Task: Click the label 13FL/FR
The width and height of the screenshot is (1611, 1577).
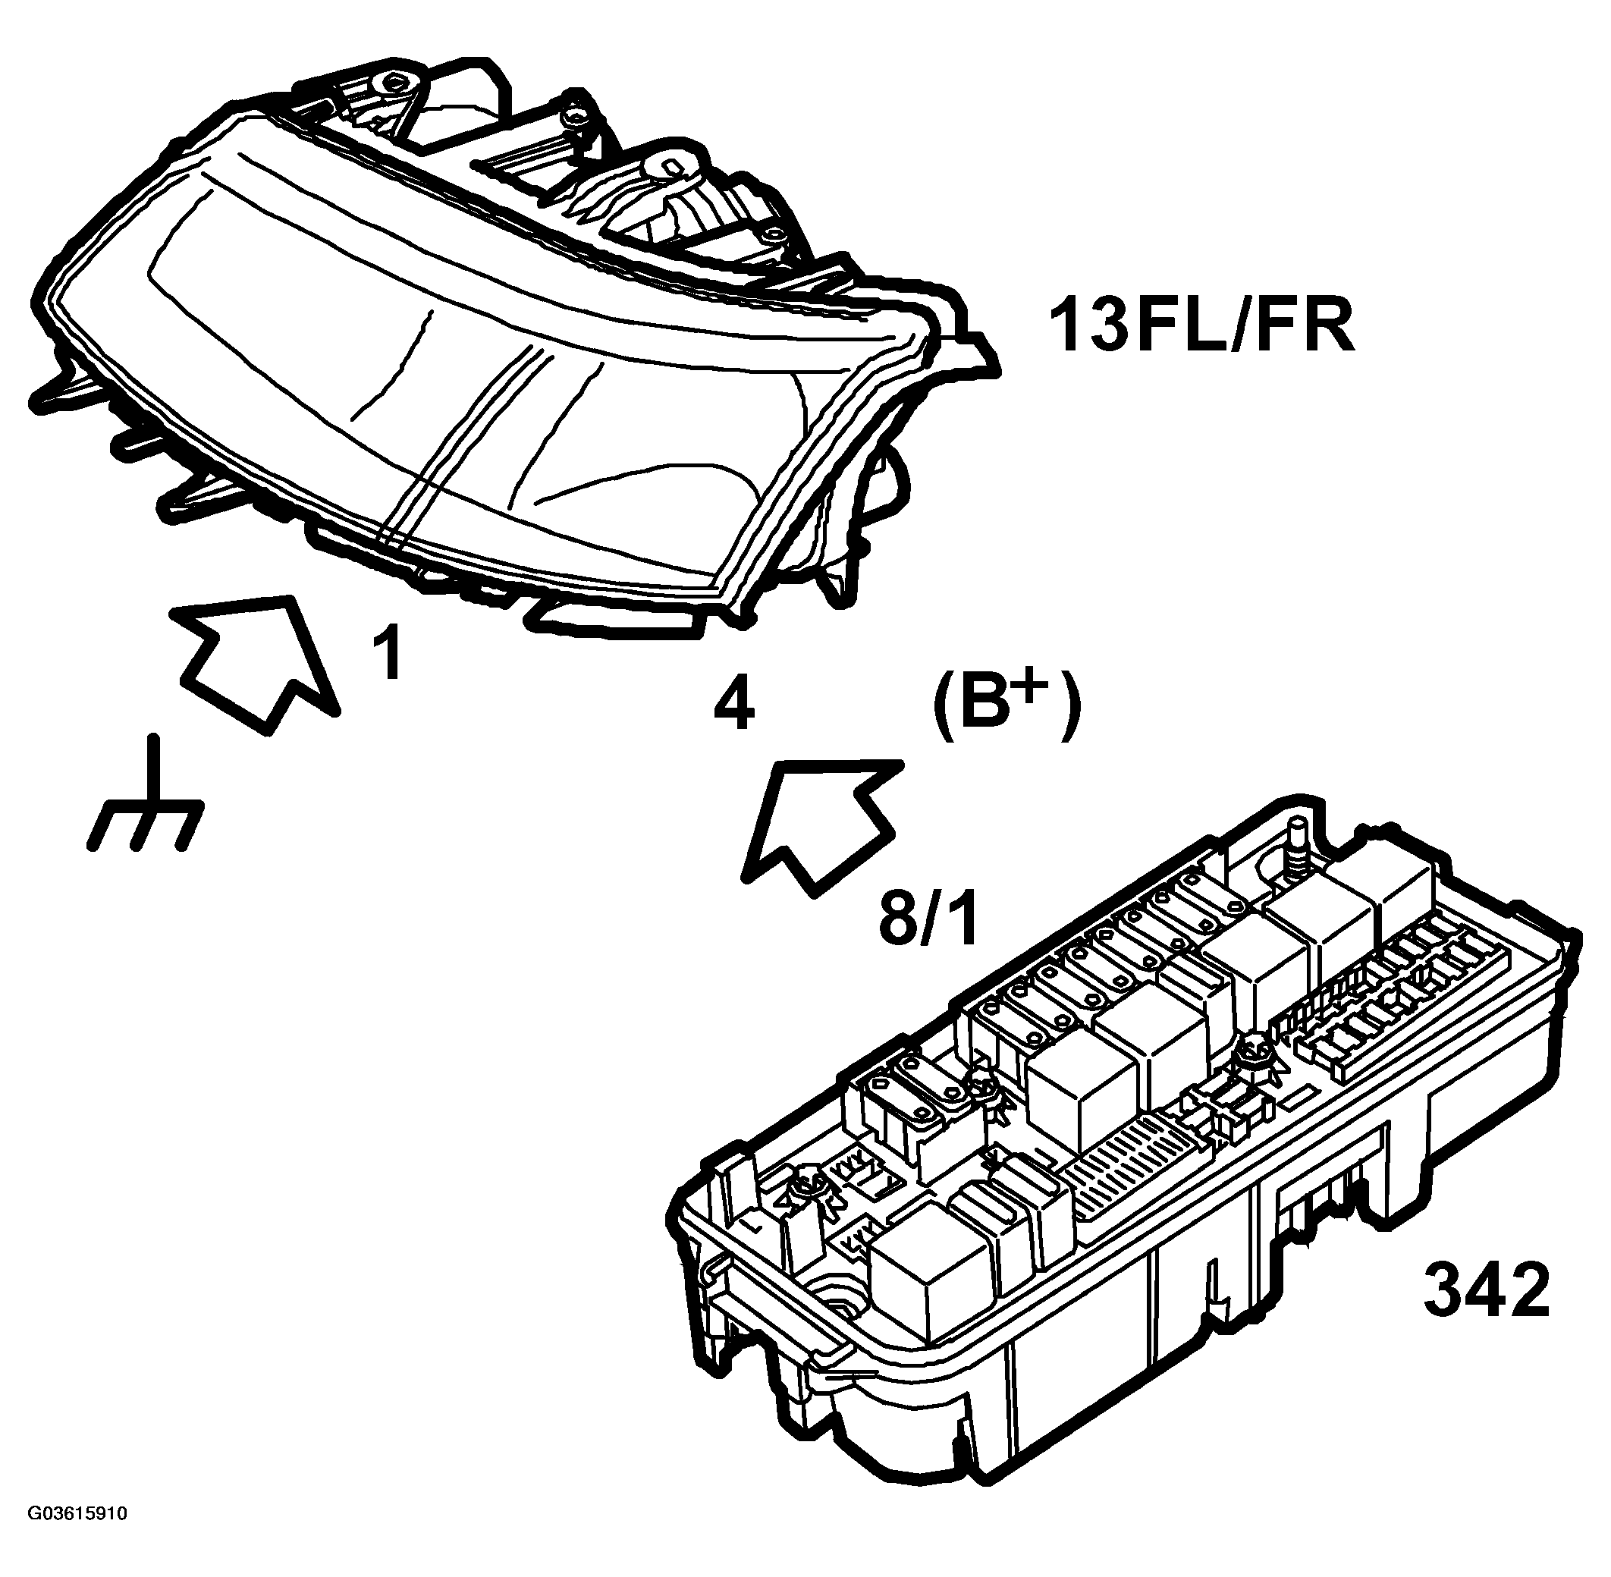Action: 1200,326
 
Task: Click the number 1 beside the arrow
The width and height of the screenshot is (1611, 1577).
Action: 388,654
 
